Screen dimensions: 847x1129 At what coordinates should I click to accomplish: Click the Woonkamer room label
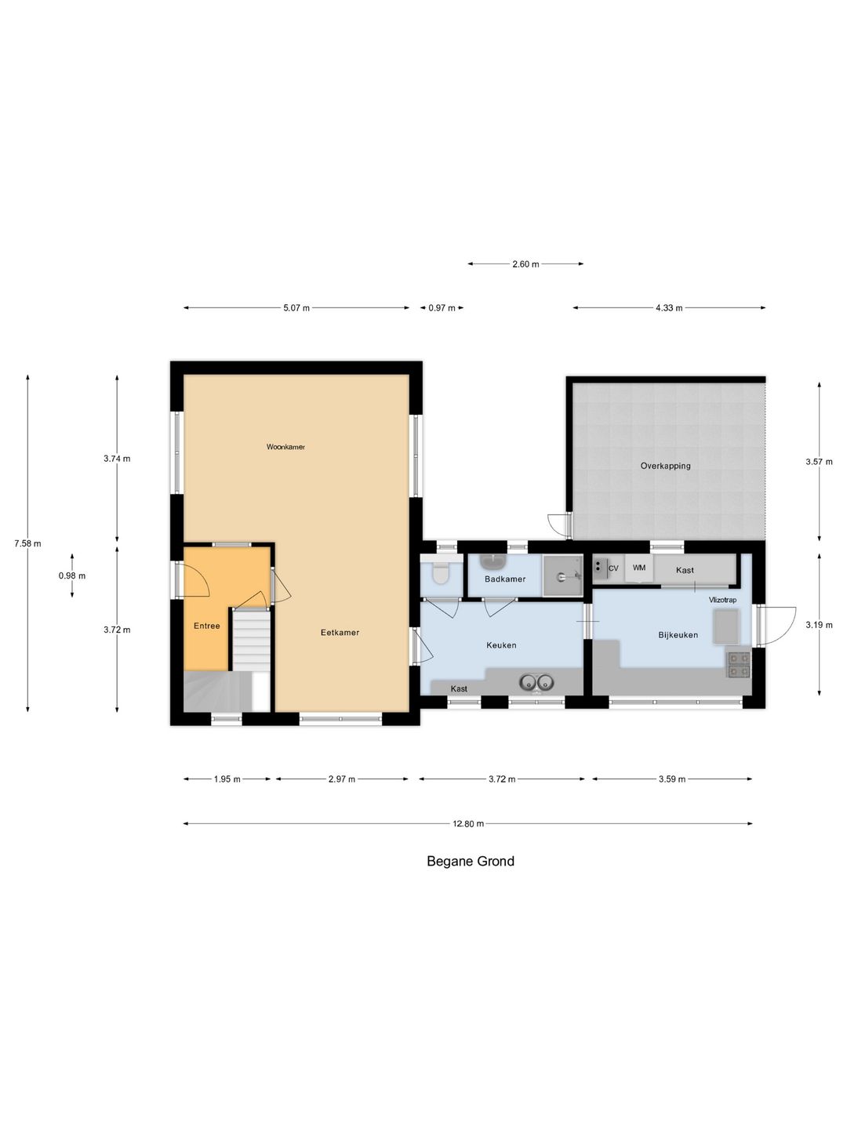coord(285,446)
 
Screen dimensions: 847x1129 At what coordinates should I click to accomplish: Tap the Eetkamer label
coord(340,632)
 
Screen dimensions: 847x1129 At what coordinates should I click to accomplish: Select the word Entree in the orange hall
coord(207,626)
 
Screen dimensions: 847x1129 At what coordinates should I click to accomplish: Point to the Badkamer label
coord(505,579)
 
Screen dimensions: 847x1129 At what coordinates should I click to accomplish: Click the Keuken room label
coord(501,645)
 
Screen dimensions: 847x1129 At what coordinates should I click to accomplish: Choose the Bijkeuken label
coord(678,635)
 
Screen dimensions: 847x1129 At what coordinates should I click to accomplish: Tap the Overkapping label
coord(665,466)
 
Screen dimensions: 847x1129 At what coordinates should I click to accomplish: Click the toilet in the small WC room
coord(440,573)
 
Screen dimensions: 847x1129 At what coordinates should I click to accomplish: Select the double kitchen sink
coord(536,682)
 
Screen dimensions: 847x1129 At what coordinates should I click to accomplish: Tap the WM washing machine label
coord(638,568)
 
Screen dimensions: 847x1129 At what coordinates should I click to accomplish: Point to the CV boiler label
coord(613,568)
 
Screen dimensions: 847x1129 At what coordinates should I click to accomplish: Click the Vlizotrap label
coord(722,600)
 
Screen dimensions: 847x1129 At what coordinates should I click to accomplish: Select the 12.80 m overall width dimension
coord(468,823)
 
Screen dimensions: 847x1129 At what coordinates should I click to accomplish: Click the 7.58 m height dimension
coord(27,543)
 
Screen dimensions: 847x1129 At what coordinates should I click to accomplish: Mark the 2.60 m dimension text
coord(525,264)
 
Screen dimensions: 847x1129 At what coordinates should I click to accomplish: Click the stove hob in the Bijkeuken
coord(739,664)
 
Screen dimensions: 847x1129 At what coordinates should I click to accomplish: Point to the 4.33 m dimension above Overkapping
coord(669,307)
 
